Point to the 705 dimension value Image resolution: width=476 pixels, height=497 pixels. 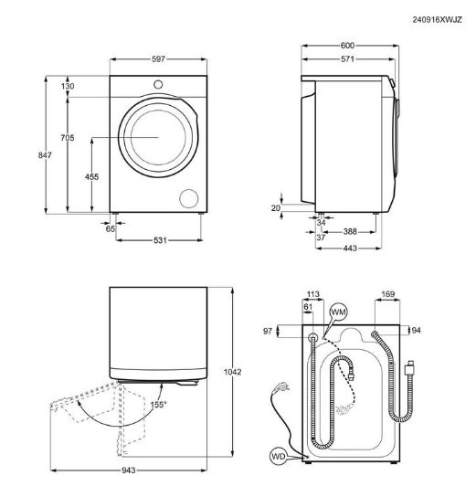click(x=69, y=139)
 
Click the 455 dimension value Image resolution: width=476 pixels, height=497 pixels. click(x=91, y=176)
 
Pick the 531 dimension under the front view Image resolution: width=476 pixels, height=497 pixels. click(x=157, y=240)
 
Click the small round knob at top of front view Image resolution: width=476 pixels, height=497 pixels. click(x=158, y=85)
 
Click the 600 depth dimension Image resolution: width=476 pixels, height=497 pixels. click(x=347, y=44)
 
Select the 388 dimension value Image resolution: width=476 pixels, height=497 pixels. click(x=349, y=231)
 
